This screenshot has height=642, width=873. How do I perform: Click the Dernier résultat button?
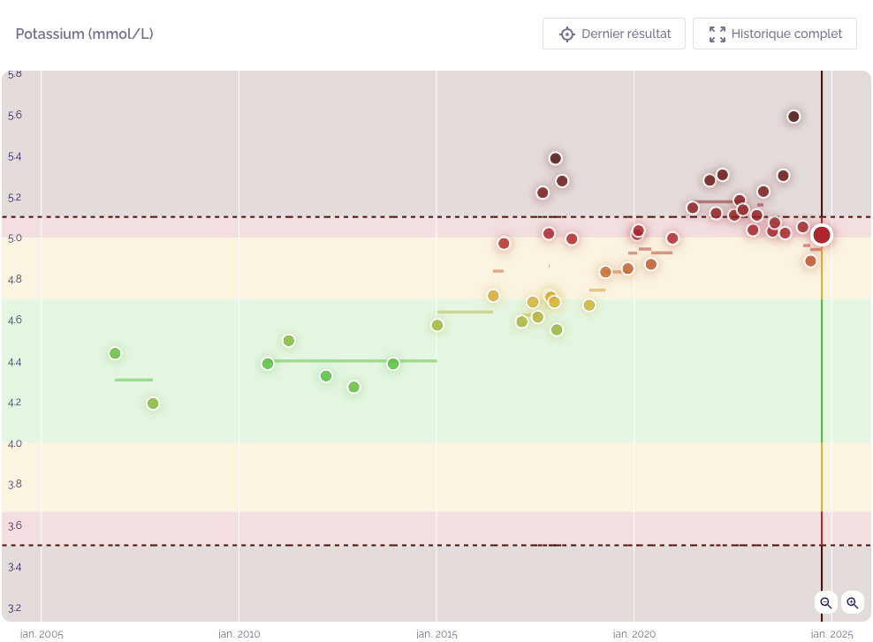pos(613,34)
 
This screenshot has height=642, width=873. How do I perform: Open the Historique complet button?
pos(774,34)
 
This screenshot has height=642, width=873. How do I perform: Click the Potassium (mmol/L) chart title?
pos(85,34)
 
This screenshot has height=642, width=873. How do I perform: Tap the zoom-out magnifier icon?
pos(826,602)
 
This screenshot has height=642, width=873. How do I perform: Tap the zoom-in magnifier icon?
pos(853,602)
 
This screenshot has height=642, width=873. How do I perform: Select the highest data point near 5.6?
pos(793,117)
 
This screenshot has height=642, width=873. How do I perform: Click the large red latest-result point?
pos(822,235)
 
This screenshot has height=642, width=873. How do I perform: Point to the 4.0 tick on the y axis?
pos(14,443)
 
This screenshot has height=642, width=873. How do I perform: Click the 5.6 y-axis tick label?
pos(14,115)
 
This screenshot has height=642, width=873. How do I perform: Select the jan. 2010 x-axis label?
pos(239,633)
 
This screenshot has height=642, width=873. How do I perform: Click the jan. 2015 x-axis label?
pos(436,633)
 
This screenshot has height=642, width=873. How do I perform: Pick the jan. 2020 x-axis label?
pos(634,633)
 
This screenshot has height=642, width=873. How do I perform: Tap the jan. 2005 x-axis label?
pos(42,633)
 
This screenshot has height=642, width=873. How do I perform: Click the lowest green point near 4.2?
pos(153,404)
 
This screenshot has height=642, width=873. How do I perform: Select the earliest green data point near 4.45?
pos(115,353)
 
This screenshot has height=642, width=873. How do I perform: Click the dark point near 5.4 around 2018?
pos(555,158)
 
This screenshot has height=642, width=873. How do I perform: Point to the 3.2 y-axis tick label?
pos(14,608)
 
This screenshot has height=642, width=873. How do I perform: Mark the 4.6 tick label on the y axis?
pos(14,320)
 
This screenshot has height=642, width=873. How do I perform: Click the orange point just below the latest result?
pos(810,261)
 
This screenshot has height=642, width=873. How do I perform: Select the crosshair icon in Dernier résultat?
pos(567,34)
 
